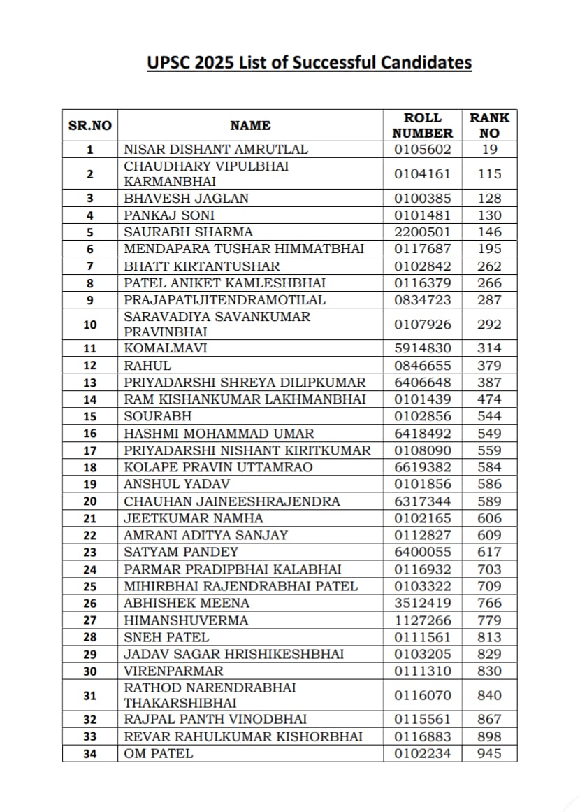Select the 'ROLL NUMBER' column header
(422, 125)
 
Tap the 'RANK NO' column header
(489, 125)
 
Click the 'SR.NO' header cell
(89, 126)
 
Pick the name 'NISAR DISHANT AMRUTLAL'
(216, 149)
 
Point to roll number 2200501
(422, 232)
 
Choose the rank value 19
(489, 149)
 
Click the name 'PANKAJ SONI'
(169, 215)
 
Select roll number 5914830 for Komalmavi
(422, 348)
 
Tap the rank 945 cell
(489, 754)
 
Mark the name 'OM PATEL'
(159, 754)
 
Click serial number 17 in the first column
(89, 450)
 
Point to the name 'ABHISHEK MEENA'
(187, 603)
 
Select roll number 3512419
(422, 603)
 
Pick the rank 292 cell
(489, 325)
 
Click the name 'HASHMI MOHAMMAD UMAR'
(219, 434)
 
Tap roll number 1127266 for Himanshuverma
(422, 620)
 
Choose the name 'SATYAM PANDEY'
(181, 552)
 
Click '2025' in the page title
(214, 63)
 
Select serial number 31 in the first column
(89, 696)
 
